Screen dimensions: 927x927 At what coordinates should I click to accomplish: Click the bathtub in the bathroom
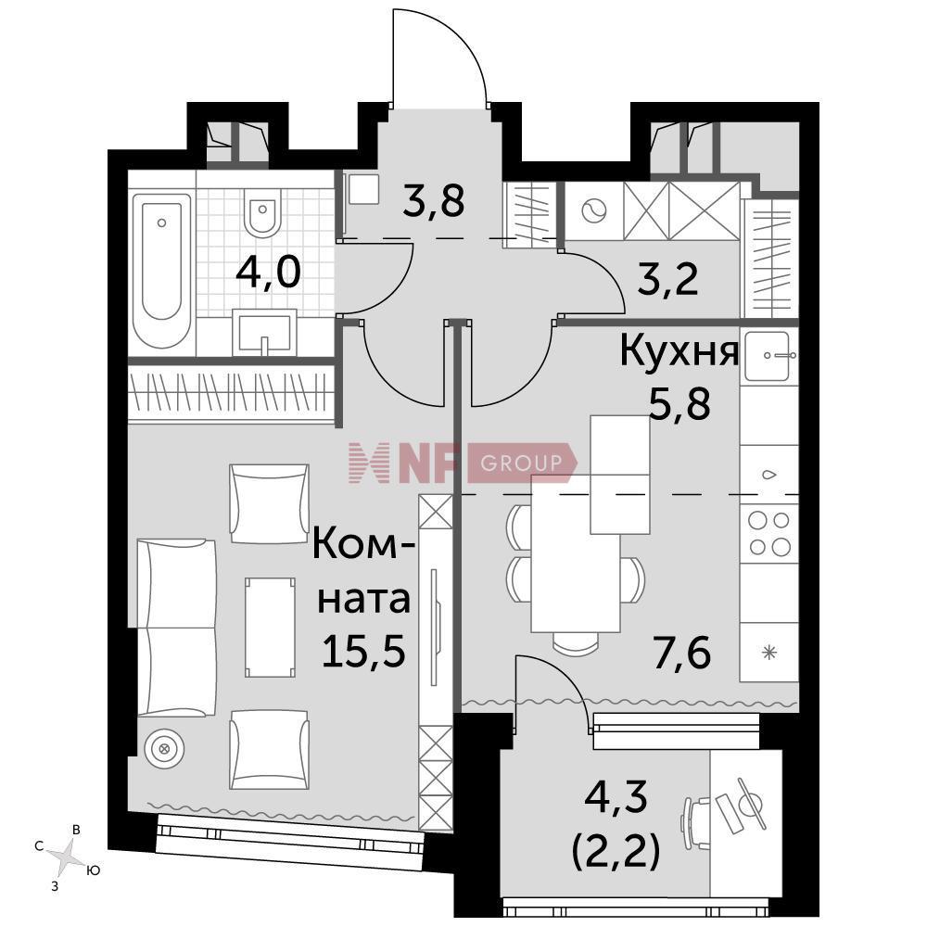161,272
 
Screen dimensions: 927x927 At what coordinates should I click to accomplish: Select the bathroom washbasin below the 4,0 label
264,332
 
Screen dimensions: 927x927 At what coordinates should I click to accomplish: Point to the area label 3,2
668,279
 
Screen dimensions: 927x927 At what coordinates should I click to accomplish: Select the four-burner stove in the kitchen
769,534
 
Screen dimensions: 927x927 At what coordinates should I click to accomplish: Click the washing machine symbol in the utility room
594,211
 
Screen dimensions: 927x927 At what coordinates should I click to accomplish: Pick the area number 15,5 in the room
363,651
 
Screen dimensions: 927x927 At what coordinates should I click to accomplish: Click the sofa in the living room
176,628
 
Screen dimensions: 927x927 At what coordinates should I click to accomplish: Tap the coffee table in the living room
270,628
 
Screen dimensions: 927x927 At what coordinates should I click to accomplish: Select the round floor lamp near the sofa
164,749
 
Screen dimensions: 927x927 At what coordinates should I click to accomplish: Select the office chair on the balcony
695,815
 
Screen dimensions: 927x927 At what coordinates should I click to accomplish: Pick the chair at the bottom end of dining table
577,642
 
